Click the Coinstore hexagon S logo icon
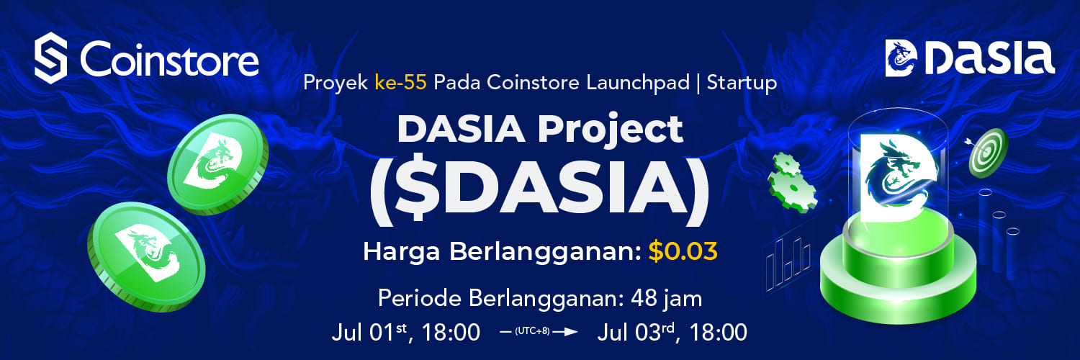(x=50, y=58)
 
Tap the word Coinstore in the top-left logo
(x=169, y=58)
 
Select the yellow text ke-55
(x=400, y=83)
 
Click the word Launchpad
(x=638, y=83)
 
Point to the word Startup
(x=742, y=84)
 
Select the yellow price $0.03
(x=683, y=251)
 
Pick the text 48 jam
(x=666, y=299)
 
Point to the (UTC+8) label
(x=532, y=332)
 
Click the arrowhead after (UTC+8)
(x=572, y=332)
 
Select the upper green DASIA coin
(x=218, y=164)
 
